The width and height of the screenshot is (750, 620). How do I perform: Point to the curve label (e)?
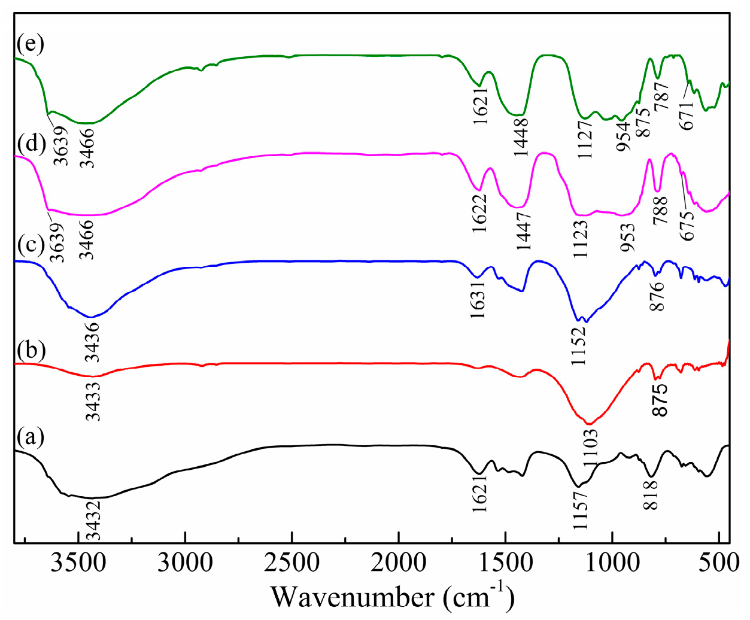30,44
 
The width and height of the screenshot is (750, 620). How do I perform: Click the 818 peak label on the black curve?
651,494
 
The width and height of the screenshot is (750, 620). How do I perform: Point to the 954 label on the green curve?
624,136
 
